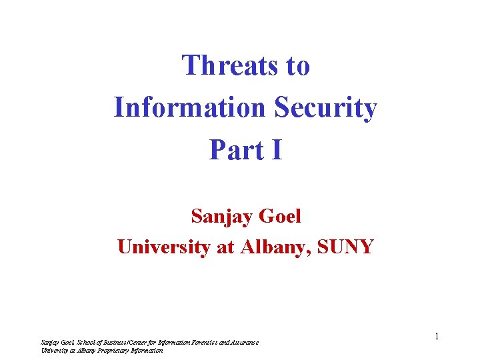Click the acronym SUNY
(x=346, y=247)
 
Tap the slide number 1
(x=437, y=337)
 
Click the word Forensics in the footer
(x=213, y=343)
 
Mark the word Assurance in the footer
(x=245, y=343)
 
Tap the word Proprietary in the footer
(x=113, y=350)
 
